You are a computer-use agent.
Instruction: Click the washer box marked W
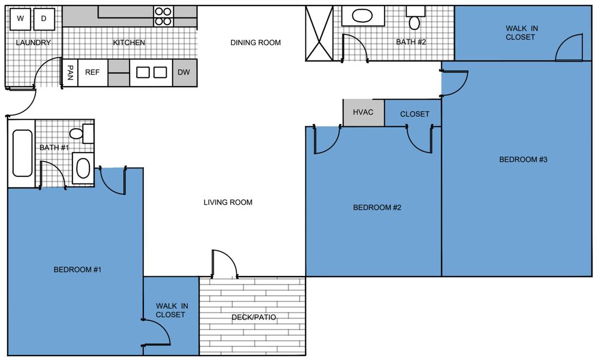[x=20, y=19]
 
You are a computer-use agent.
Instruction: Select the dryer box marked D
[x=44, y=19]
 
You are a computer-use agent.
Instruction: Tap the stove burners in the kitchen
[x=163, y=16]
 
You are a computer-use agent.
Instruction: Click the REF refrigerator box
[x=93, y=72]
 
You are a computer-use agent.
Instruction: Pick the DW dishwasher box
[x=184, y=72]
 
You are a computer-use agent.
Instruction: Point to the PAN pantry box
[x=70, y=72]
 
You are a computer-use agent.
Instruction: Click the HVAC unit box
[x=363, y=113]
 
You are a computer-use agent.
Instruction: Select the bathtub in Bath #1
[x=22, y=153]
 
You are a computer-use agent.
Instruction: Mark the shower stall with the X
[x=319, y=33]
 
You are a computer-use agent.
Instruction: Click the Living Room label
[x=228, y=203]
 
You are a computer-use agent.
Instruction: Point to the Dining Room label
[x=255, y=42]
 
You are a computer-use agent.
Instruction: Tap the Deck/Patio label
[x=253, y=318]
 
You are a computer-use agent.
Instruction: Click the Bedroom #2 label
[x=377, y=208]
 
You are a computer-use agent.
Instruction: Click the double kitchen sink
[x=151, y=72]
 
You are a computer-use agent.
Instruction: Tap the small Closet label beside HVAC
[x=414, y=114]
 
